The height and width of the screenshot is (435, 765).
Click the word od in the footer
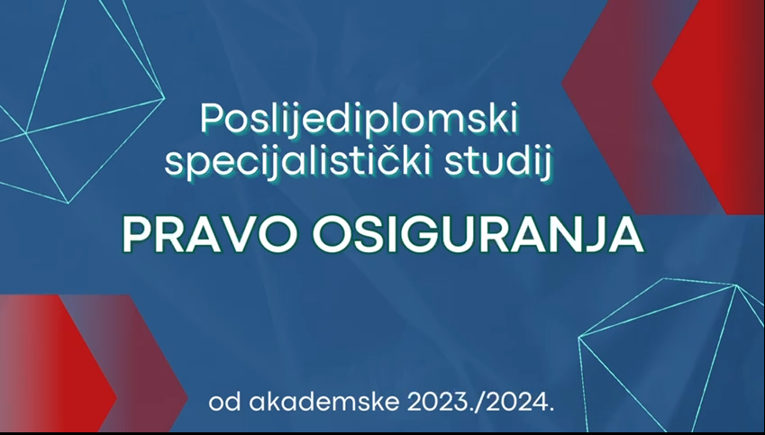(225, 403)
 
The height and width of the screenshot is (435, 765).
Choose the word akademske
(323, 403)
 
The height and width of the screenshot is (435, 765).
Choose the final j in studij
(548, 166)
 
